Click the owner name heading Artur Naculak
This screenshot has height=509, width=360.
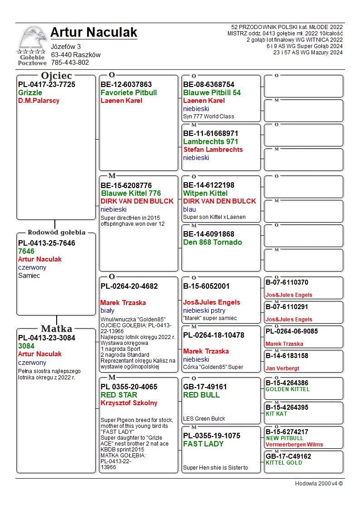pos(93,33)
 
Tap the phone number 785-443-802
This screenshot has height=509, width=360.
pos(70,63)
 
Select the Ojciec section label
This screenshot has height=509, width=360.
pos(56,76)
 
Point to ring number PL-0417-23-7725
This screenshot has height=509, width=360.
pos(47,85)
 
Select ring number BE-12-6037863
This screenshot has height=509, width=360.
pos(126,85)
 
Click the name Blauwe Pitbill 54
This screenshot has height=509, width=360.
pos(212,93)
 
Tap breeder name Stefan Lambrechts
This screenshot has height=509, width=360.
pos(213,150)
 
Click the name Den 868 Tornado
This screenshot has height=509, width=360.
pos(212,242)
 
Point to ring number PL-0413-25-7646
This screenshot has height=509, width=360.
pos(47,243)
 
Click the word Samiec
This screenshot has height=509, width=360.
pos(29,276)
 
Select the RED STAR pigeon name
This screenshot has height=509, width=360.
pos(119,395)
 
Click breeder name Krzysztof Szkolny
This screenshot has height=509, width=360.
pos(129,403)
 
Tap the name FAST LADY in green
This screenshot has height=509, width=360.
pos(203,444)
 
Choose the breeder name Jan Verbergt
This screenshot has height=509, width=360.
pos(282,368)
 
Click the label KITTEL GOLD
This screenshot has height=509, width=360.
pos(284,463)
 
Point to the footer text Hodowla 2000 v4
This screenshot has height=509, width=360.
pos(319,484)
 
